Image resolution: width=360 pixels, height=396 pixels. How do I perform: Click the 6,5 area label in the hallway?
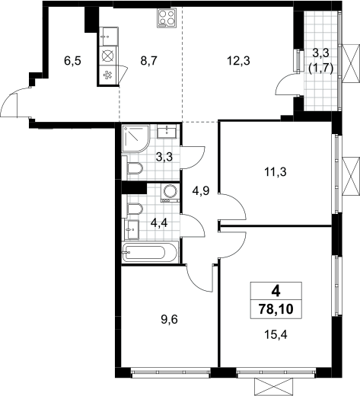coord(72,61)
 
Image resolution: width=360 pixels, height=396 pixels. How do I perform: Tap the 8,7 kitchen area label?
coord(149,61)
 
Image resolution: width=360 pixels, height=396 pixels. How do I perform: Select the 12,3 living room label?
coord(238,61)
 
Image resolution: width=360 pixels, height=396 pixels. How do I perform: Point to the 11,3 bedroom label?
coord(276,172)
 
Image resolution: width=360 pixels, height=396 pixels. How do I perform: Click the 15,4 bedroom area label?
coord(276,335)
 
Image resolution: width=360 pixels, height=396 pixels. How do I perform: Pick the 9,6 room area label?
coord(169,319)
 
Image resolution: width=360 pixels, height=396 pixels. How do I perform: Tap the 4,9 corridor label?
coord(201,190)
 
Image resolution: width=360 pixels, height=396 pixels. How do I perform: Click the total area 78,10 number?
coord(276,309)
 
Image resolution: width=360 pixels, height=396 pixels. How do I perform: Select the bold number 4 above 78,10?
coord(276,292)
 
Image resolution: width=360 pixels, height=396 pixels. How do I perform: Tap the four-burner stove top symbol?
coord(167,18)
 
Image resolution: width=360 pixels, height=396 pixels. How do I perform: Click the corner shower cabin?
coord(135,139)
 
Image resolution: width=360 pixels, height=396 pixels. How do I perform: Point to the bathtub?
coord(150,253)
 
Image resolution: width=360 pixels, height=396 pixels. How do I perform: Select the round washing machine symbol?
coord(170,193)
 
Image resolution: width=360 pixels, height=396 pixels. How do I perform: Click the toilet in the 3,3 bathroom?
coord(133,168)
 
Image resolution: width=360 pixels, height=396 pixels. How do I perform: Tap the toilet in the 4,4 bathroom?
coord(133,209)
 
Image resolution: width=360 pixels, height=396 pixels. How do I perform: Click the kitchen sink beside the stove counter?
coord(109,37)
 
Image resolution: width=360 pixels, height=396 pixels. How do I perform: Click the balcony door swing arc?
coord(285,85)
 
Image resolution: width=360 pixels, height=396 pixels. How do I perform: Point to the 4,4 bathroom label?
coord(159,224)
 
